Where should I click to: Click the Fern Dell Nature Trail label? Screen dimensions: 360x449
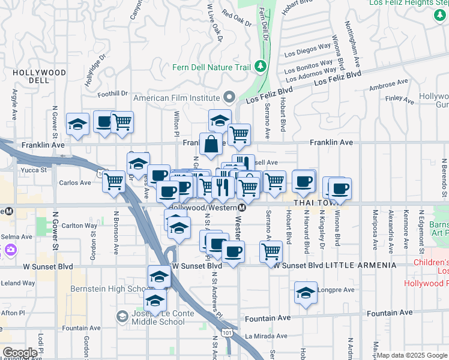(x=211, y=67)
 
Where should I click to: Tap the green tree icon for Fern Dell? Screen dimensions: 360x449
(x=261, y=65)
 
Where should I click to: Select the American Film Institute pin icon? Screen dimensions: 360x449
(x=229, y=97)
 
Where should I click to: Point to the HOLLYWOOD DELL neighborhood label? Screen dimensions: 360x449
(x=39, y=76)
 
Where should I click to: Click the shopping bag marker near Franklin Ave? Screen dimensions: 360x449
(x=211, y=144)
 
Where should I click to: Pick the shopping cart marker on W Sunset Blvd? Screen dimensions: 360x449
(x=271, y=251)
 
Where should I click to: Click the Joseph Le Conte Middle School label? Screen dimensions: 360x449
(x=158, y=317)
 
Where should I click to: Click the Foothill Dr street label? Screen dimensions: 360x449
(x=113, y=93)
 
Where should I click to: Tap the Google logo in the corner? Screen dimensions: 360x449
(x=19, y=353)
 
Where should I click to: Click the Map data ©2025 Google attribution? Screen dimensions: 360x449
(x=412, y=355)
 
